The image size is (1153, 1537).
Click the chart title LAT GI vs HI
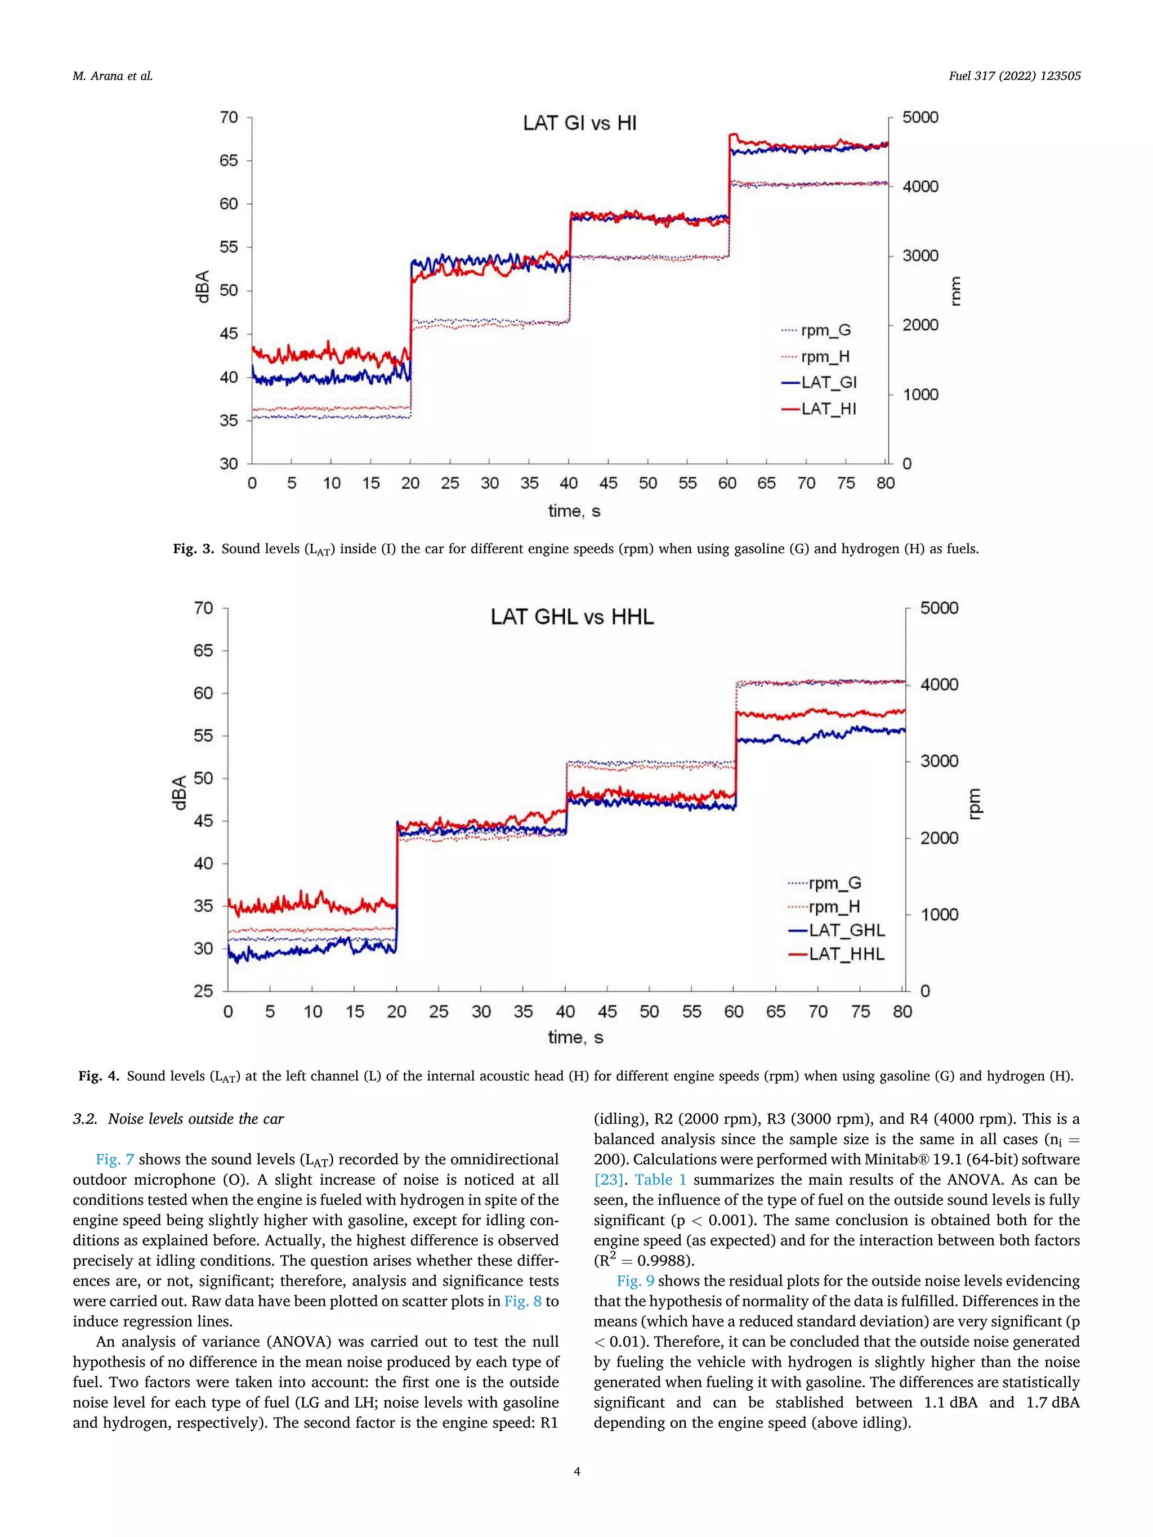[x=580, y=124]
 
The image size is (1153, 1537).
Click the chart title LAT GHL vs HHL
[x=572, y=617]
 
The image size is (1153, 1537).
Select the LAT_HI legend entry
[x=828, y=409]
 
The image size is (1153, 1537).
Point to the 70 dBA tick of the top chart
[x=229, y=118]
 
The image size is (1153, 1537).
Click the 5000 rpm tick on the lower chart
[x=939, y=608]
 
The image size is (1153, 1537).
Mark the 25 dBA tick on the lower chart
[x=203, y=991]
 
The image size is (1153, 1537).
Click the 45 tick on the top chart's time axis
[x=608, y=483]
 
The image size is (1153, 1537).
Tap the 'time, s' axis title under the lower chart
[x=575, y=1037]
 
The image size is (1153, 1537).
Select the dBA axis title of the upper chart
[x=202, y=286]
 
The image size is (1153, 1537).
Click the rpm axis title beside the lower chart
[x=975, y=803]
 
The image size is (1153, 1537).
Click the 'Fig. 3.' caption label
[x=193, y=549]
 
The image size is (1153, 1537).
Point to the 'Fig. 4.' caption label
[x=99, y=1076]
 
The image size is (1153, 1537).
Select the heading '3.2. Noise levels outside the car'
[x=178, y=1119]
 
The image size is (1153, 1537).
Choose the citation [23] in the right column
[x=608, y=1179]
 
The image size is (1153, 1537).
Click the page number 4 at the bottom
[x=576, y=1471]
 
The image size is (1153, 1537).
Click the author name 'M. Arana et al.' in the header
[x=113, y=77]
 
